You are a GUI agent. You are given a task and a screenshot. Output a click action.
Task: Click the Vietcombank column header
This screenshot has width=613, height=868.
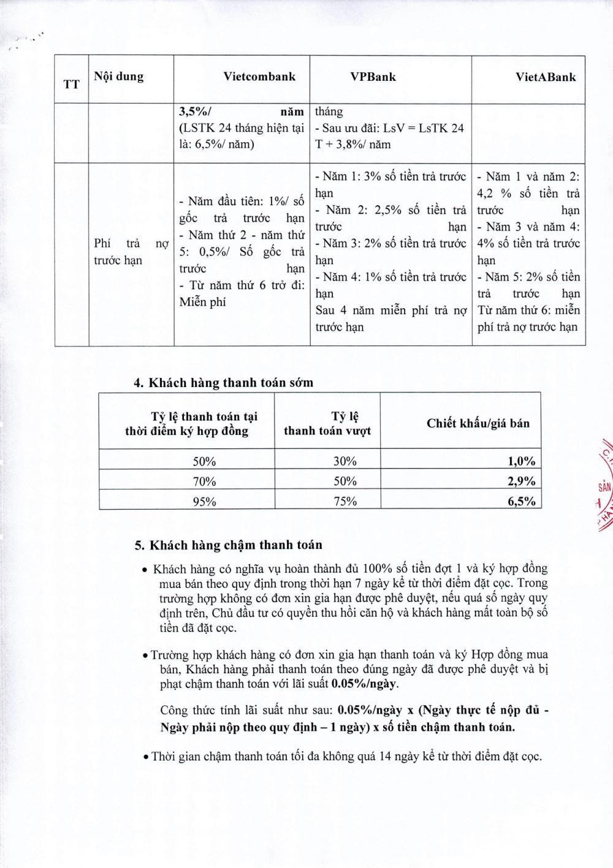259,77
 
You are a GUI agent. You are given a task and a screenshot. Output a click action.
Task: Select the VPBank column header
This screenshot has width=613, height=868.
373,77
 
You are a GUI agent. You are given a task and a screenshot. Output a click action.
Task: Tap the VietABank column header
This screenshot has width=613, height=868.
546,77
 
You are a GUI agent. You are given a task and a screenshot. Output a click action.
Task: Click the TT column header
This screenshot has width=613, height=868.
71,84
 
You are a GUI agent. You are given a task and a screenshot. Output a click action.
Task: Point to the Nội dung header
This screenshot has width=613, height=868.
118,77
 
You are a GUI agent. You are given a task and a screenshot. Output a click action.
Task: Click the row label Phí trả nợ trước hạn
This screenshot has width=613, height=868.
131,252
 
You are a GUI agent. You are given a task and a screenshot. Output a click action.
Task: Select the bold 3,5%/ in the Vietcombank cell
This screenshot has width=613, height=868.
194,112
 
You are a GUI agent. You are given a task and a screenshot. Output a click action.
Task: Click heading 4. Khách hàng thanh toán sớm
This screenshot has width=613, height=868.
223,383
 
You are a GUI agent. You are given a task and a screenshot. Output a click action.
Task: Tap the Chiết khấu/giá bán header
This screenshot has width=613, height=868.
478,423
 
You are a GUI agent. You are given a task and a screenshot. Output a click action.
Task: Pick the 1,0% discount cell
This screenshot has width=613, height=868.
521,461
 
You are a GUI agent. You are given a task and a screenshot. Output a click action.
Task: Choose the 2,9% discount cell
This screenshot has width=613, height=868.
521,481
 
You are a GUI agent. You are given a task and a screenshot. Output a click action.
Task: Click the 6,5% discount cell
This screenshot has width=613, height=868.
521,501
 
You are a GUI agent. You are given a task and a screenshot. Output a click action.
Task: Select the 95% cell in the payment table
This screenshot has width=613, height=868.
205,501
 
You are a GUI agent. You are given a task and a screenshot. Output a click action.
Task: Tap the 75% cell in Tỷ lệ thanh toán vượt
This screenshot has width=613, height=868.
345,501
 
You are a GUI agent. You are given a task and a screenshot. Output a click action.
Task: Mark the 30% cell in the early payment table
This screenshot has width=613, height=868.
345,461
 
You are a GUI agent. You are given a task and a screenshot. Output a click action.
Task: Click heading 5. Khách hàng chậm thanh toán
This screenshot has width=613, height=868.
228,545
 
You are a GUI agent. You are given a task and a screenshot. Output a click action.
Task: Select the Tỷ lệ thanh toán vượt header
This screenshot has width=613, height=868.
327,423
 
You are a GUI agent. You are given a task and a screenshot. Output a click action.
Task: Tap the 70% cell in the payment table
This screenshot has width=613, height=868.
205,481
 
